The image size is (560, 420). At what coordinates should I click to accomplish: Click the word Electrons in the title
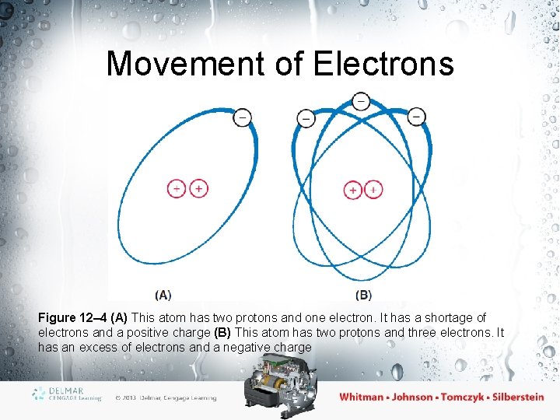click(383, 64)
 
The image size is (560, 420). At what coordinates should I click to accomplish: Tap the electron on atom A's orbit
click(242, 117)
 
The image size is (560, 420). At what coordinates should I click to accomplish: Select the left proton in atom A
click(177, 188)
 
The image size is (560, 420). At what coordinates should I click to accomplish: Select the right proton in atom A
click(199, 188)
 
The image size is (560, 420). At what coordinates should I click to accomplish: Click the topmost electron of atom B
click(361, 101)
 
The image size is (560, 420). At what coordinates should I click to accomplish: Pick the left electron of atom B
click(306, 118)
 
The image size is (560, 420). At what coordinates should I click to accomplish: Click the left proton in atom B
click(353, 190)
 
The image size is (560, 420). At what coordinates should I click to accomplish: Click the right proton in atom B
click(373, 190)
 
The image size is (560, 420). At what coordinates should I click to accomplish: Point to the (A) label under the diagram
click(163, 295)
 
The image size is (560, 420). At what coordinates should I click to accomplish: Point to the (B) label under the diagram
click(363, 295)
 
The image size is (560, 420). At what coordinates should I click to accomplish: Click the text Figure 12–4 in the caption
click(73, 317)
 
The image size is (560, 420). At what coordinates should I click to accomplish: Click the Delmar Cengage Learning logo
click(68, 394)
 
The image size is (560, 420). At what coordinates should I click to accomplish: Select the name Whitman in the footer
click(362, 397)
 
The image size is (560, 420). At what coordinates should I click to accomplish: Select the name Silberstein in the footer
click(507, 397)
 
